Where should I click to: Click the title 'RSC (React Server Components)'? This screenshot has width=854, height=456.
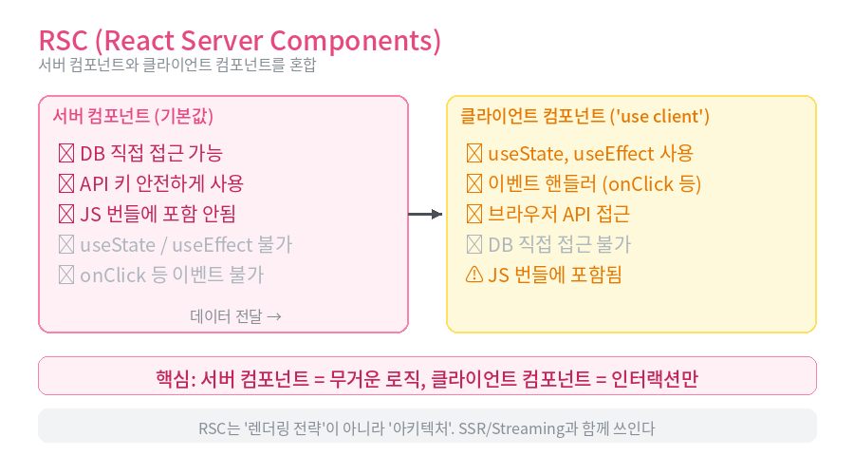tap(240, 41)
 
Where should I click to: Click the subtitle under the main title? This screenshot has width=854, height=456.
tap(177, 65)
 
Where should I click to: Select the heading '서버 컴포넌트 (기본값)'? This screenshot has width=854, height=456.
tap(133, 116)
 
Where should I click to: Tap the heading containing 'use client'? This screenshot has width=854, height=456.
tap(585, 116)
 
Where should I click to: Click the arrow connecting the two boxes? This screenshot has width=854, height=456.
tap(425, 215)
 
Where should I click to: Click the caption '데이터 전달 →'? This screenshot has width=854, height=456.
tap(235, 315)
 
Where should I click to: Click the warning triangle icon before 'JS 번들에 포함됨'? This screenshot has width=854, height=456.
tap(474, 275)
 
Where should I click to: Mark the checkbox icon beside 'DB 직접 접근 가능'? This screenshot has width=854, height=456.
tap(66, 153)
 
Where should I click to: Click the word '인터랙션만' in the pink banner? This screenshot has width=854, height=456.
tap(655, 378)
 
